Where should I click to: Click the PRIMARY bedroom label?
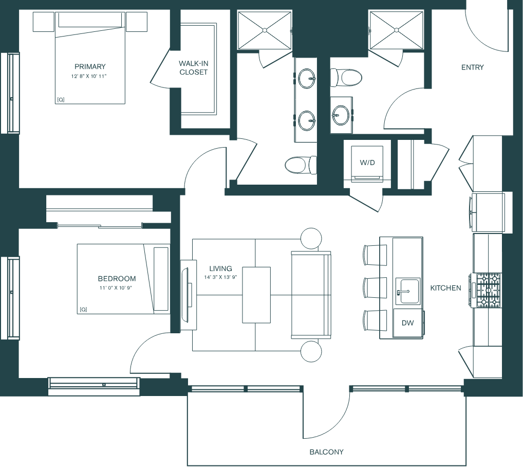coord(90,66)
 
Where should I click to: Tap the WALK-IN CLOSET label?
coord(194,68)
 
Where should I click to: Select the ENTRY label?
coord(472,67)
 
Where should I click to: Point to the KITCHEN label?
coord(445,288)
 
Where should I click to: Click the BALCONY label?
coord(326,452)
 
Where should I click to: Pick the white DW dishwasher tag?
coord(407,323)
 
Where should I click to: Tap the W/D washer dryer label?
coord(367,163)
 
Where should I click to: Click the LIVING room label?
coord(220,268)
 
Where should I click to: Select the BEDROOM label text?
coord(117,279)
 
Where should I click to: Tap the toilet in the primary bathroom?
coord(298,165)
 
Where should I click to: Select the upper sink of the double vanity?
coord(307,79)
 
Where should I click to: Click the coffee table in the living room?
coord(256,295)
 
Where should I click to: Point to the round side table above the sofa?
coord(311,238)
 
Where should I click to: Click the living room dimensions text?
coord(220,278)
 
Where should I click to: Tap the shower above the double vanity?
coord(264,31)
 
